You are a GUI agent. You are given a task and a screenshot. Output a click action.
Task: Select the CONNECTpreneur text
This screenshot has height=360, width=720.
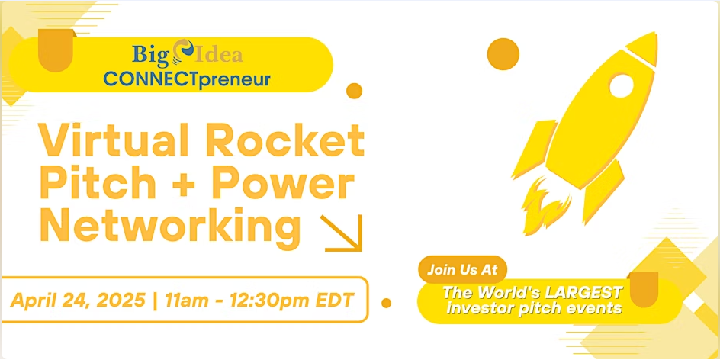[187, 79]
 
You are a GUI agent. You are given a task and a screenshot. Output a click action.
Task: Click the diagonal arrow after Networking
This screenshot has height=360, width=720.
[342, 233]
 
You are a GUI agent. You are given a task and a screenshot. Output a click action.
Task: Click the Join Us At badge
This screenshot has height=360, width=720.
[462, 269]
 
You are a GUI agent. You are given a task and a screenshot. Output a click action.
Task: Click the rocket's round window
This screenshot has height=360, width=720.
[622, 86]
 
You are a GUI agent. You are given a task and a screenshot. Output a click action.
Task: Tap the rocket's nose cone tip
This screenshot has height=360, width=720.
[655, 33]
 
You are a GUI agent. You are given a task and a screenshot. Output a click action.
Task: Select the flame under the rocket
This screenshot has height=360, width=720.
[546, 207]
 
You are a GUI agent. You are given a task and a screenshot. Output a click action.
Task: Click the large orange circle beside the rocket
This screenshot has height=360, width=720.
[503, 54]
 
